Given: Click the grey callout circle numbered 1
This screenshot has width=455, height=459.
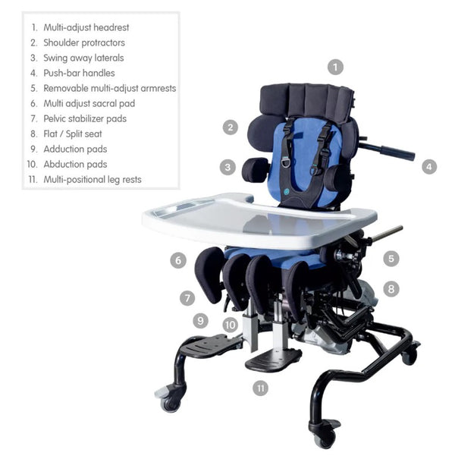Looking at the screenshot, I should click(x=335, y=67).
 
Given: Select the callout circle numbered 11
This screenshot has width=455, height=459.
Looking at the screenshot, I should click(x=260, y=388).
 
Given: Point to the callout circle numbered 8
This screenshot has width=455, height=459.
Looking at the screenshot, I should click(x=391, y=288).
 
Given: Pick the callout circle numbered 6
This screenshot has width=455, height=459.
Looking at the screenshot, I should click(x=178, y=260).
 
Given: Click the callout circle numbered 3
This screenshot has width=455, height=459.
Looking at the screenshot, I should click(x=227, y=166).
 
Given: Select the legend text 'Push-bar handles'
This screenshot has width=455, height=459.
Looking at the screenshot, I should click(x=79, y=73).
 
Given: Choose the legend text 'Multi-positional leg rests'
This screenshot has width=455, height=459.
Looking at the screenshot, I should click(x=92, y=180).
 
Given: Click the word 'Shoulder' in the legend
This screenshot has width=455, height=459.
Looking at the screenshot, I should click(x=62, y=42).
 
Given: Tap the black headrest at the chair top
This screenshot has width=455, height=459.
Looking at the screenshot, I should click(x=306, y=99).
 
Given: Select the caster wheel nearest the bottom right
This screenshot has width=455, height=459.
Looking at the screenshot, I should click(x=325, y=435).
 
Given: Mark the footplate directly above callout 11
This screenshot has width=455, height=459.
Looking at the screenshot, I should click(x=273, y=358).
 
